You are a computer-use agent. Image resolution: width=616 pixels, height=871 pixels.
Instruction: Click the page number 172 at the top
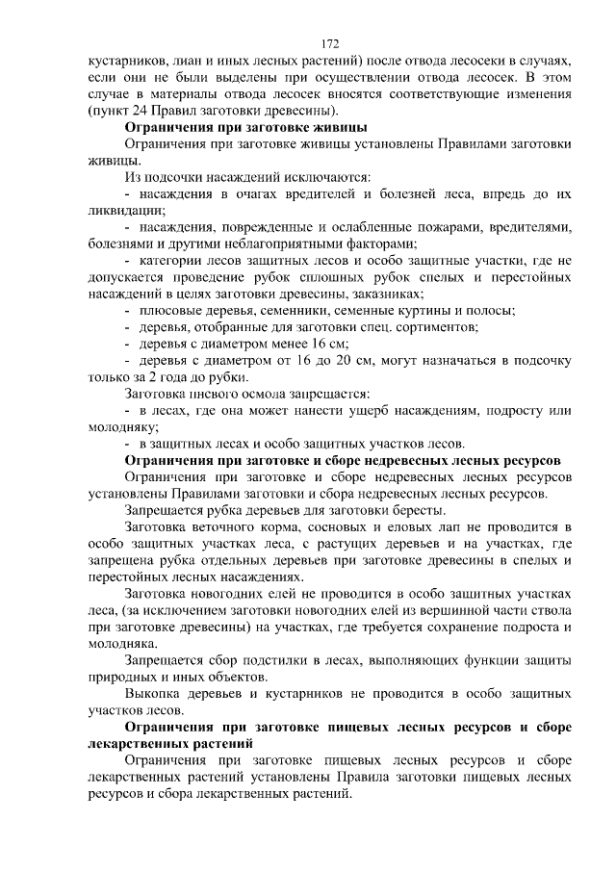330,44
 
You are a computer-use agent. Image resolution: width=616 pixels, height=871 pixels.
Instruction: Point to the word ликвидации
120,209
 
